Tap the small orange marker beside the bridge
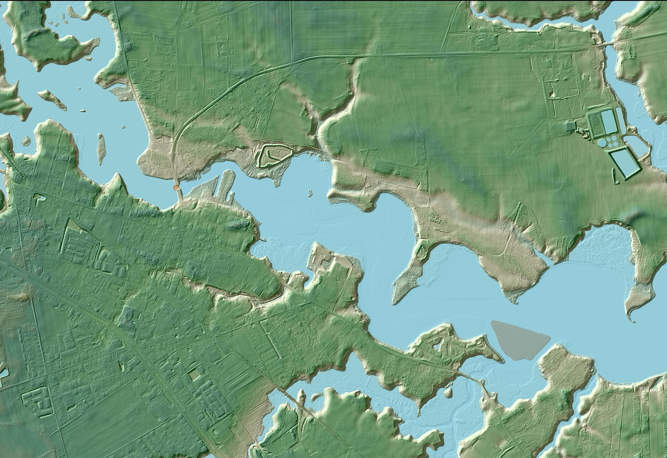click(176, 188)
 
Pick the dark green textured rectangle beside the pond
click(596, 124)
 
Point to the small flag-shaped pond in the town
click(39, 199)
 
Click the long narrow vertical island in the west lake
click(101, 149)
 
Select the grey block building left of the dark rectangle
click(570, 126)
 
